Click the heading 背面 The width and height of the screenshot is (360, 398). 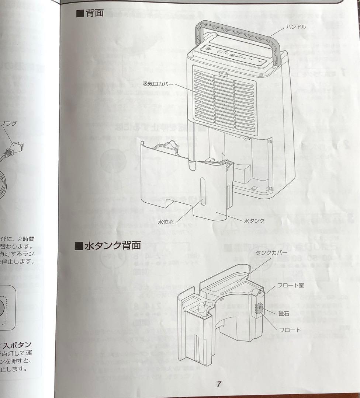[x=95, y=14]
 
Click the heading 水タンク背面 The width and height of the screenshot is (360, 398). [x=112, y=245]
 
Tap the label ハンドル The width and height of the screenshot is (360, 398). [x=297, y=27]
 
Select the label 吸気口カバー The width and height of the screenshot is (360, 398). [x=158, y=84]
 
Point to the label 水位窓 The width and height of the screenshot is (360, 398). [x=166, y=222]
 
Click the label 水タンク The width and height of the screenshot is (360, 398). [x=254, y=221]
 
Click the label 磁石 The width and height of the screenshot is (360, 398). [x=284, y=314]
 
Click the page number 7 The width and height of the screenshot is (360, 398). [x=218, y=384]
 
